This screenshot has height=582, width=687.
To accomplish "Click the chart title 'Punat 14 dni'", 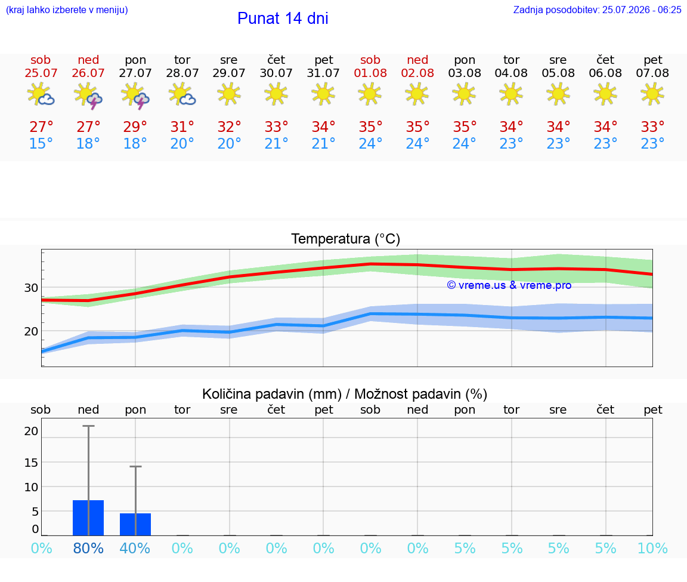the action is click(283, 19).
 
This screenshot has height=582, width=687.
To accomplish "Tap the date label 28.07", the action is click(182, 73).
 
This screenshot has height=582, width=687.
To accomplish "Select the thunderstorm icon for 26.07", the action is click(88, 95).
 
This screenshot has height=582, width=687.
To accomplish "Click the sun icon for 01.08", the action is click(370, 94).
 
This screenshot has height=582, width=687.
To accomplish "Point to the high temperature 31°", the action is click(182, 127).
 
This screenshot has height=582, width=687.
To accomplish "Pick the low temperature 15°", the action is click(41, 143).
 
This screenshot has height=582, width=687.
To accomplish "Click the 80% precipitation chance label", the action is click(88, 548).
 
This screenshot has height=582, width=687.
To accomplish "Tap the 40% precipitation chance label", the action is click(135, 548).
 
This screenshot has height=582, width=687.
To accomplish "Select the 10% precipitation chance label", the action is click(652, 548).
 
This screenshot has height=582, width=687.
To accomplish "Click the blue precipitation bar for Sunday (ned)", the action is click(88, 518).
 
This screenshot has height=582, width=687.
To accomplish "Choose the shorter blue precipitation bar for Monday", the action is click(135, 524).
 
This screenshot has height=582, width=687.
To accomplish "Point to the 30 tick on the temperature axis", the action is click(31, 288).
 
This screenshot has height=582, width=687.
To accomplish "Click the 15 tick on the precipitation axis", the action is click(31, 462).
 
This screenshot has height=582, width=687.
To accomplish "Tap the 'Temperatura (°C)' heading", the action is click(346, 239).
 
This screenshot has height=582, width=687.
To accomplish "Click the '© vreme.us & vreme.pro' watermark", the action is click(509, 285).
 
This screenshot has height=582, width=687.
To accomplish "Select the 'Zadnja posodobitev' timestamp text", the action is click(597, 10).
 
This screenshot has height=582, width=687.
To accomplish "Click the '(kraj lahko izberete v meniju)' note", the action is click(67, 10).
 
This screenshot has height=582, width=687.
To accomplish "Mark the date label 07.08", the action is click(652, 73).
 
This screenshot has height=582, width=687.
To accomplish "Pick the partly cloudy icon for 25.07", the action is click(41, 94).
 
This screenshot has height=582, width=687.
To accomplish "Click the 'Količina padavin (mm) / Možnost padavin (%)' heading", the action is click(345, 394).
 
